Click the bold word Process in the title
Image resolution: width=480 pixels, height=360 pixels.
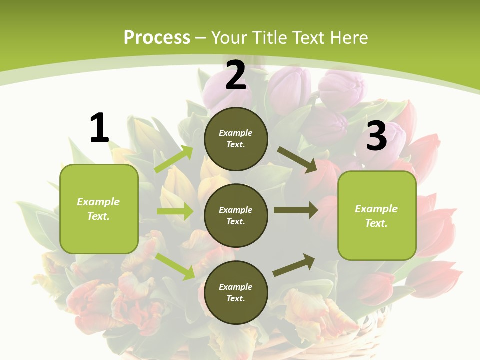[x=157, y=37]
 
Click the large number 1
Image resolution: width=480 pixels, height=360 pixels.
[x=99, y=128]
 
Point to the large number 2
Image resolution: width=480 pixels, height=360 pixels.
[x=236, y=76]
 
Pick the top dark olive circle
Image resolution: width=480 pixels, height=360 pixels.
[x=236, y=138]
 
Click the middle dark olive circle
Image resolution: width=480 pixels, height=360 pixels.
[x=236, y=215]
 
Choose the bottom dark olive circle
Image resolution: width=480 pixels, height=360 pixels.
[x=236, y=292]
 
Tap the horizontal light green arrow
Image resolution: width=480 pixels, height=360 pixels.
[x=175, y=211]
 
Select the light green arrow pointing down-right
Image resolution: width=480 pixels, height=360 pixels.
[x=175, y=266]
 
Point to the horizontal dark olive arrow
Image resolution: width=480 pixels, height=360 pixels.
[x=295, y=210]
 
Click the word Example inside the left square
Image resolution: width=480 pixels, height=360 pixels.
[x=98, y=202]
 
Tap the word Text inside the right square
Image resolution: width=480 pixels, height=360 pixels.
[x=376, y=223]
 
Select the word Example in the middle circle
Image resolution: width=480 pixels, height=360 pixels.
[x=235, y=210]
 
